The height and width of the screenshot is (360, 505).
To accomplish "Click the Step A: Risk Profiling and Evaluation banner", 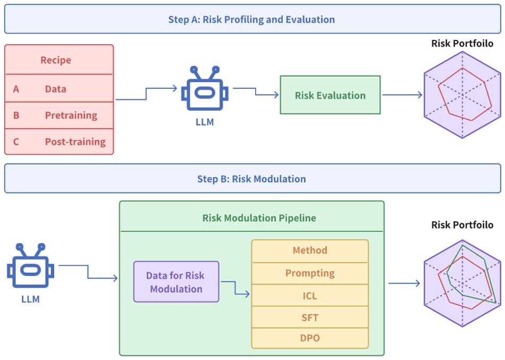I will tap(252, 20).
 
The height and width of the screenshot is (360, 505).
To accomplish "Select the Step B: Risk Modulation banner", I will tap(252, 179).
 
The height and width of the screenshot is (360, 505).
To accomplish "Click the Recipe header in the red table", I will tap(56, 60).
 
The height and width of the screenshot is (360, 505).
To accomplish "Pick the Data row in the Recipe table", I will tap(56, 89).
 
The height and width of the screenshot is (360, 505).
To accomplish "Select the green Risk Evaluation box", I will tap(330, 95).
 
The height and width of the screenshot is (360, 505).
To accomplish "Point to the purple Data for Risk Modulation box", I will tap(176, 282).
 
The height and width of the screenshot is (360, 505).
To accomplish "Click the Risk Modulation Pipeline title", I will tap(251, 218).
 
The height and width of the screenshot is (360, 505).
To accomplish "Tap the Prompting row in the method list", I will tap(310, 273).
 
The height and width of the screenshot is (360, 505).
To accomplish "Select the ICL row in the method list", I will tap(310, 295).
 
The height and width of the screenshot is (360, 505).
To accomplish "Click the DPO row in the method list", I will tap(310, 338).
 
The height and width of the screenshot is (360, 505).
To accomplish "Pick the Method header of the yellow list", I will tap(310, 250).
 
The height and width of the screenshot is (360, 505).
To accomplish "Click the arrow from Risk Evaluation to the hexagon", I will tap(402, 95).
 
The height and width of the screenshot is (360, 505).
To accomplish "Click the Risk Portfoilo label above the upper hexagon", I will tap(462, 44).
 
